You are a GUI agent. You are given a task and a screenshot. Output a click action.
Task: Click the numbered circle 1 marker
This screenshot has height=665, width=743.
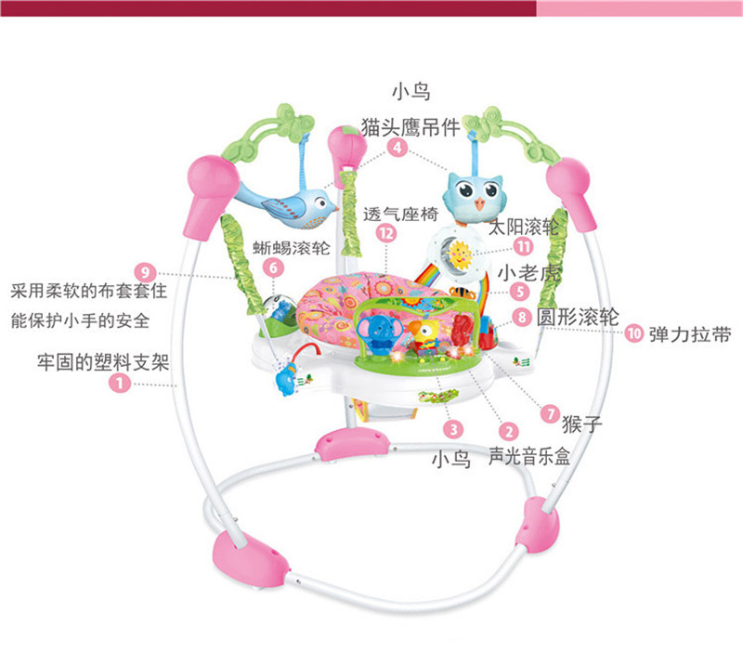[119, 382]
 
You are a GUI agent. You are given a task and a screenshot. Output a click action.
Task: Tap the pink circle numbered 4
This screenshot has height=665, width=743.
[398, 147]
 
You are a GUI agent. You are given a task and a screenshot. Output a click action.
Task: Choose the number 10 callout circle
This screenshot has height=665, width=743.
[634, 332]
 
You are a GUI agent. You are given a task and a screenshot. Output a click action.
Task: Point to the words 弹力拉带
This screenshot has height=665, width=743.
[689, 332]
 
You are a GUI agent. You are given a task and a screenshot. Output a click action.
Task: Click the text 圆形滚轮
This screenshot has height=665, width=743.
[580, 317]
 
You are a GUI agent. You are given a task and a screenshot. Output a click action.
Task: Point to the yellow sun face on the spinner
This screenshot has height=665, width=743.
[457, 252]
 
